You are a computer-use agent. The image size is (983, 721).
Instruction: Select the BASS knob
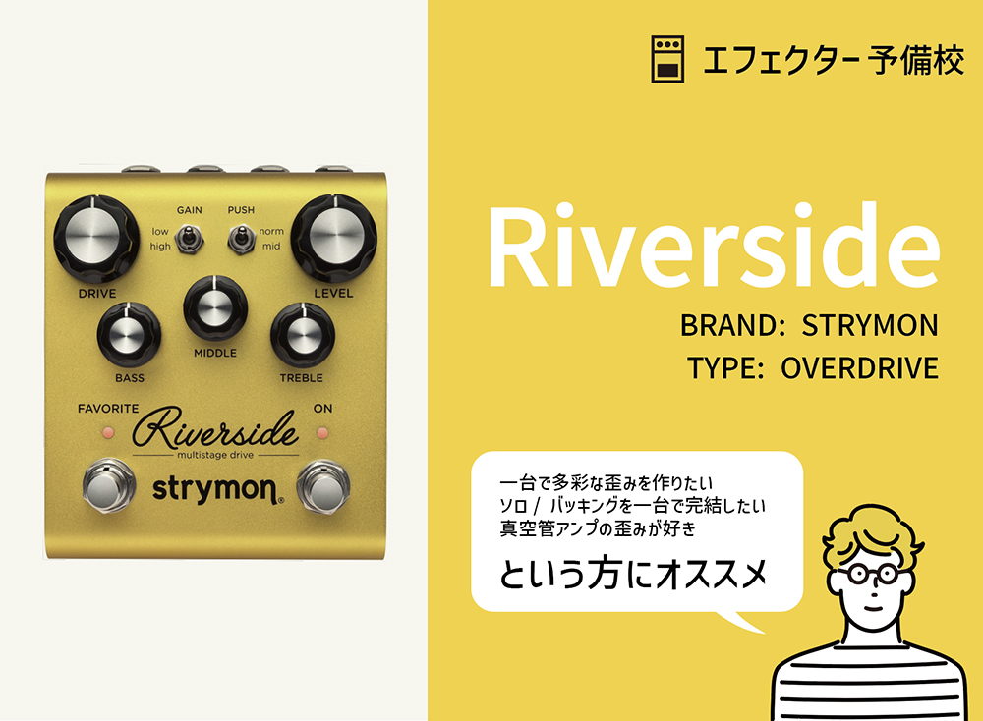tap(129, 335)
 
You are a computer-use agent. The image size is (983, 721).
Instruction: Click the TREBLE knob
tap(301, 335)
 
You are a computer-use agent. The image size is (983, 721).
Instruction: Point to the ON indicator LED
tap(322, 431)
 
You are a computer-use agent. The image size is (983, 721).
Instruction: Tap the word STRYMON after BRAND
tap(870, 325)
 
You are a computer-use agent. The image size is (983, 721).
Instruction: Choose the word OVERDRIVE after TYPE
tap(859, 368)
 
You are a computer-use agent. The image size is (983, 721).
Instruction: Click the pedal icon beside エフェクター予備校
tap(667, 61)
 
